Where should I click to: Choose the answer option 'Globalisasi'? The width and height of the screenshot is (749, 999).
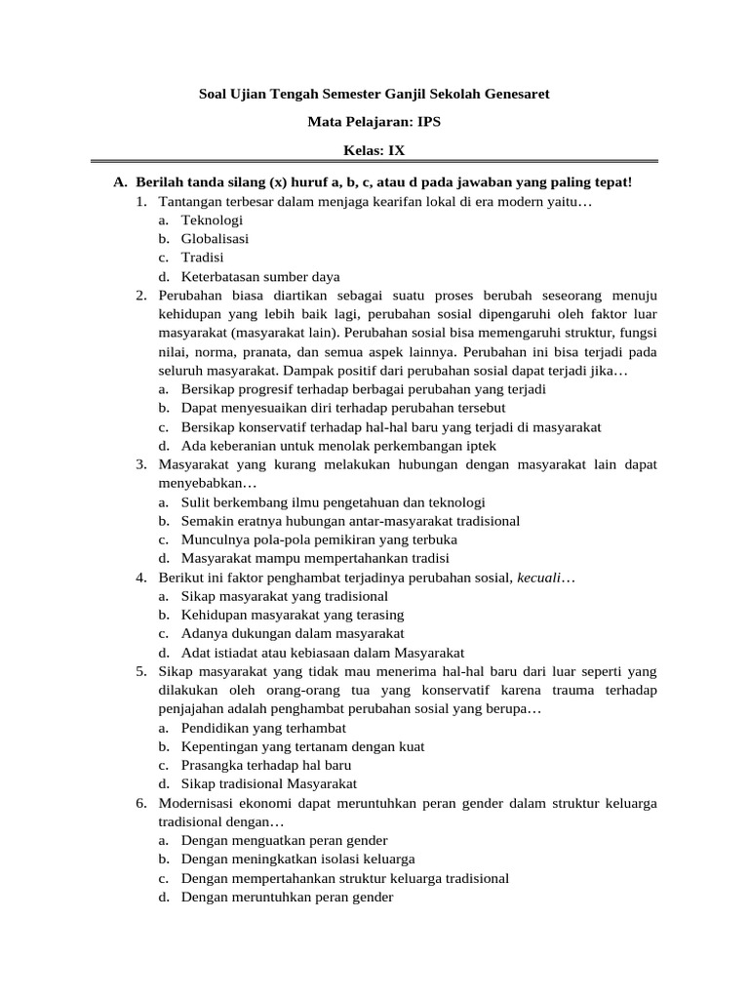(215, 239)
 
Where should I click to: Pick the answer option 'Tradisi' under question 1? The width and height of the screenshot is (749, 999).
(202, 258)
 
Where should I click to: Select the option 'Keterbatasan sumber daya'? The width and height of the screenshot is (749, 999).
(259, 276)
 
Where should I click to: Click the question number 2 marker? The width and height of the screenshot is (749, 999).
(141, 295)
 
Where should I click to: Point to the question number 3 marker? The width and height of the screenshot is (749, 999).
(141, 464)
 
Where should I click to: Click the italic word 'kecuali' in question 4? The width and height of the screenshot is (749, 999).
(539, 578)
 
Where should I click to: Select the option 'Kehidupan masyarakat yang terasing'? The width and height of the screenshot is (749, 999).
(292, 615)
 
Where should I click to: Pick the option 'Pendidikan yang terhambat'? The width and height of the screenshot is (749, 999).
(263, 728)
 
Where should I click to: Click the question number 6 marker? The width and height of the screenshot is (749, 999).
(141, 803)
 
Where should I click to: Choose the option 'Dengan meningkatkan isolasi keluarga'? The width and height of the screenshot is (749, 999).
(297, 859)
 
